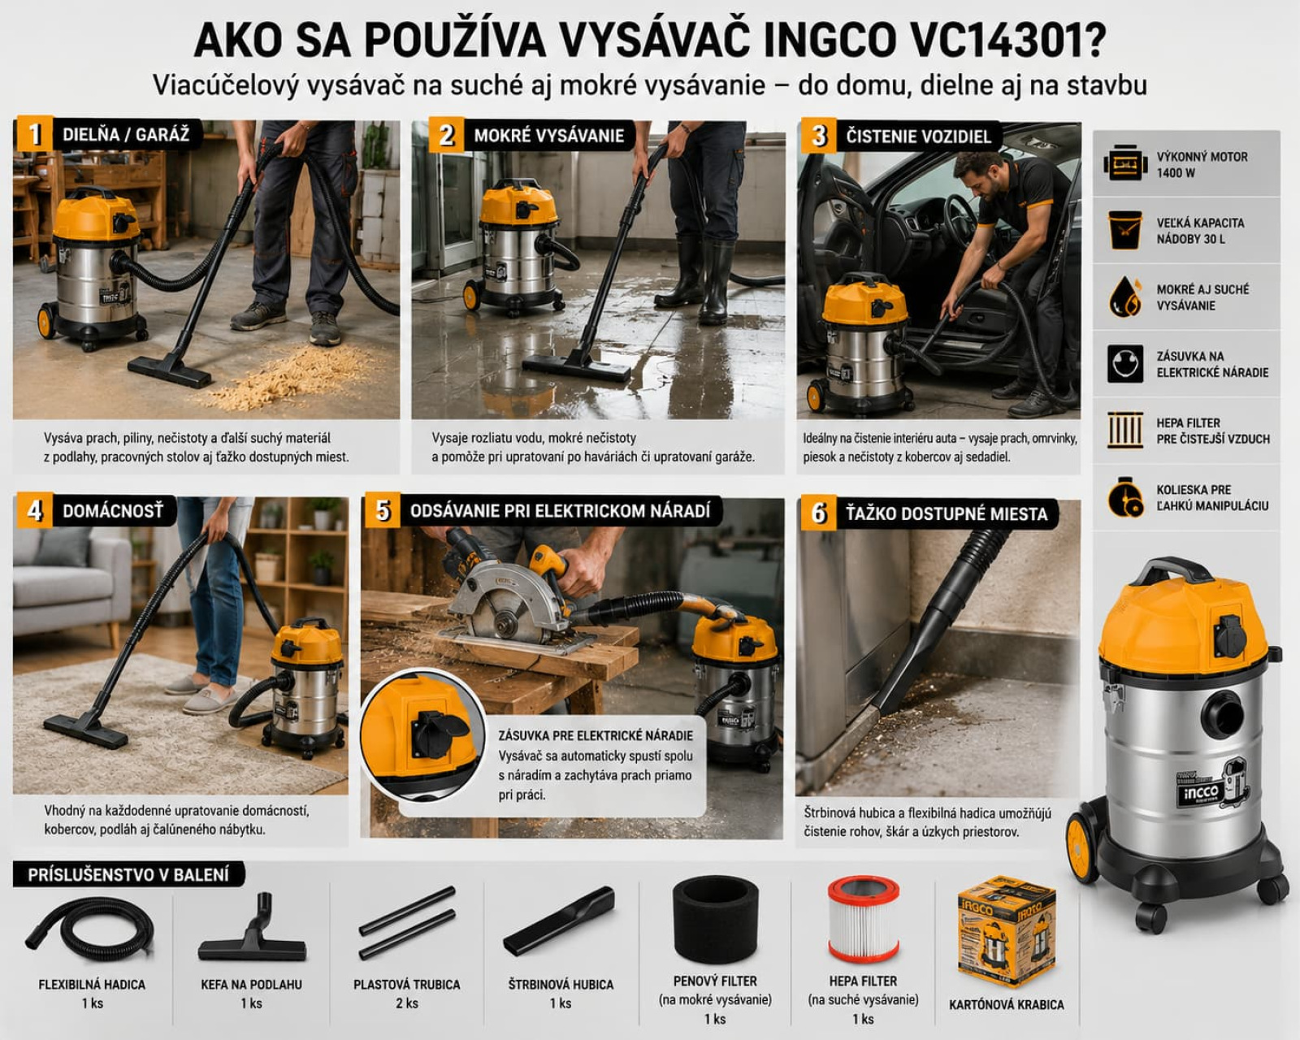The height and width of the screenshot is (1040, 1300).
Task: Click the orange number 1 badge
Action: (33, 133)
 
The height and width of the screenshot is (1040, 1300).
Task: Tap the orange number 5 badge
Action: (382, 510)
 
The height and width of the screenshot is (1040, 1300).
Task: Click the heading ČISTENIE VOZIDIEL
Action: (918, 136)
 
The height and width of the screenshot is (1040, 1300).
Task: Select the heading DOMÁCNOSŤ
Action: (113, 511)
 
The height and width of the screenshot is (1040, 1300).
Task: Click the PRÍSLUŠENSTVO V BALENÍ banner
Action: (128, 874)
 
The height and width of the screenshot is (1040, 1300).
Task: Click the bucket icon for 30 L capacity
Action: (1124, 230)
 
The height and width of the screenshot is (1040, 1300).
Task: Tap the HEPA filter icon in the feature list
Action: (1124, 431)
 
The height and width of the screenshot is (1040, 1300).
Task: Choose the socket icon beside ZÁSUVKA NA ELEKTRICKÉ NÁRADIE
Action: (1124, 364)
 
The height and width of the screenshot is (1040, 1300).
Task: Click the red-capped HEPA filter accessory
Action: (863, 919)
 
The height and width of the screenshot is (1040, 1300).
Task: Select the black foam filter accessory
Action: (715, 920)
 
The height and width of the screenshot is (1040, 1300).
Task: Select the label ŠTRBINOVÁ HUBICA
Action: (561, 985)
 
